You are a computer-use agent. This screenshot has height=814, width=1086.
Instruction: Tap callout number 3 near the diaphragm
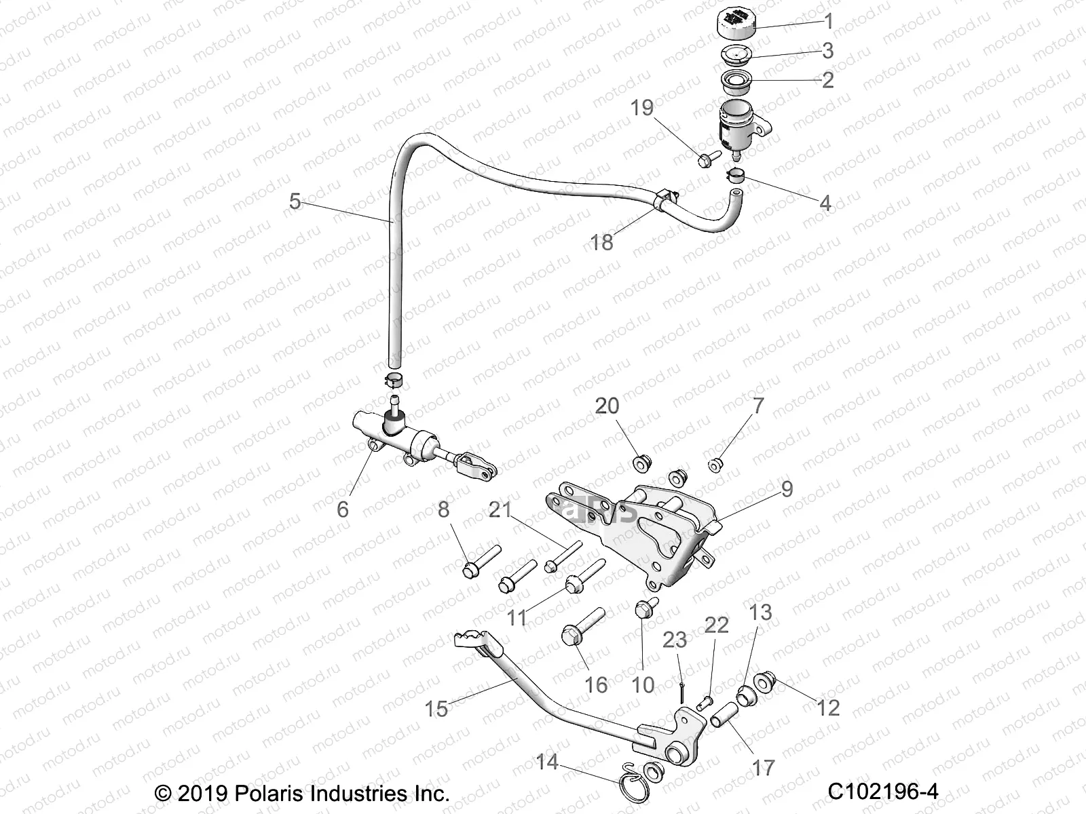828,50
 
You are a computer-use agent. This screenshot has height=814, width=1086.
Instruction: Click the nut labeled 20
641,464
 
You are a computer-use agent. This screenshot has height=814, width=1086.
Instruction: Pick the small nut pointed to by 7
715,465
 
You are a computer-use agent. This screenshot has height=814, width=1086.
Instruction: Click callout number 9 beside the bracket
787,489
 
